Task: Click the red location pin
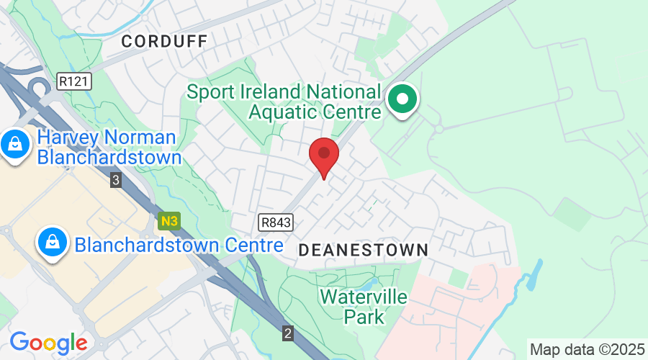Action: pyautogui.click(x=324, y=153)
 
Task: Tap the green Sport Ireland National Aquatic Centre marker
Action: pyautogui.click(x=403, y=99)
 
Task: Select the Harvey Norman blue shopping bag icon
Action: pyautogui.click(x=14, y=144)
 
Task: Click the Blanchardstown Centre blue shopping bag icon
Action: pyautogui.click(x=53, y=242)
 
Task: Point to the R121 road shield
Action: pyautogui.click(x=75, y=81)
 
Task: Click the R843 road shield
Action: pyautogui.click(x=276, y=223)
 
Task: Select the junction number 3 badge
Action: pyautogui.click(x=116, y=180)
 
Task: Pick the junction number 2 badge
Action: pyautogui.click(x=288, y=333)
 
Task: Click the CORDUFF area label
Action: pyautogui.click(x=164, y=42)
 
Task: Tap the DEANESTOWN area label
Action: pyautogui.click(x=363, y=250)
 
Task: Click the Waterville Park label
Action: pyautogui.click(x=364, y=306)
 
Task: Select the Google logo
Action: pyautogui.click(x=48, y=341)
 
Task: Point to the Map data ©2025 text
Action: pyautogui.click(x=588, y=349)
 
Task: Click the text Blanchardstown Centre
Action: pyautogui.click(x=179, y=245)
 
